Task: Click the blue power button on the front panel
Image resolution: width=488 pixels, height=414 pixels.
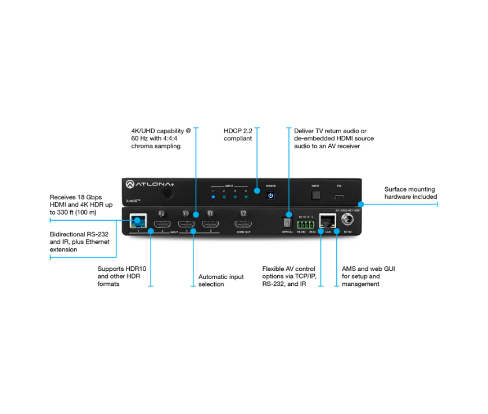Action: coord(270,195)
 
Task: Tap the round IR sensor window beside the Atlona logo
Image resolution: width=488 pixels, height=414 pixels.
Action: coord(167,193)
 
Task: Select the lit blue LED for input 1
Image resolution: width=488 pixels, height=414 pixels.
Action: coord(213,197)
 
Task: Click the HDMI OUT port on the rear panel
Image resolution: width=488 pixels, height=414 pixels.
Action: coord(243,225)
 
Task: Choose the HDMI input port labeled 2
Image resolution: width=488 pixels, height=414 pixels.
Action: coord(162,225)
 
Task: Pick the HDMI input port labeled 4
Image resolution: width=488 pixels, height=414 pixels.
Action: coord(210,225)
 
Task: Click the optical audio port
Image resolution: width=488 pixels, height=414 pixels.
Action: coord(287,224)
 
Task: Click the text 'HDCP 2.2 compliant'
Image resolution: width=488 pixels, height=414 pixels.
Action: coord(238,134)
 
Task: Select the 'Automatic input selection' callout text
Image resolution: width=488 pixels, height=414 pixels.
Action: coord(221,280)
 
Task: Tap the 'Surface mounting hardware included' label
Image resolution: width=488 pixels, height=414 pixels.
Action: coord(410,193)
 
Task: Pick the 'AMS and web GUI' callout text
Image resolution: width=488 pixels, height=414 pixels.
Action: coord(368,276)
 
